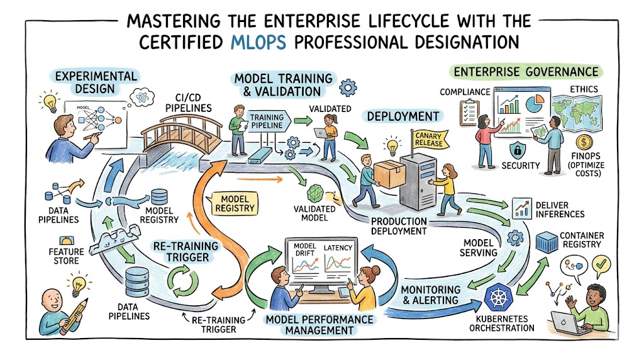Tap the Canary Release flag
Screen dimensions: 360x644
[428, 138]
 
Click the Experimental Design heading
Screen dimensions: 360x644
[96, 82]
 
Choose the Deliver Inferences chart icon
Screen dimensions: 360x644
[521, 209]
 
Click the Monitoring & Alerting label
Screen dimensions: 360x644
[430, 295]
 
